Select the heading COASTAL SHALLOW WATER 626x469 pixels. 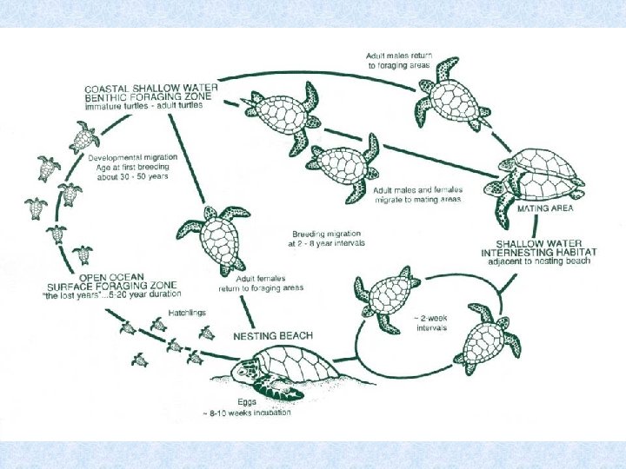tap(150, 89)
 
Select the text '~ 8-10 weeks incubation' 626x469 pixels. tap(248, 413)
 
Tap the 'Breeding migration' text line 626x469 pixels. tap(328, 234)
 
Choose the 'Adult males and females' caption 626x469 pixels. tap(417, 189)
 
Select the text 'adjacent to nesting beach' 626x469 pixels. tap(540, 261)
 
